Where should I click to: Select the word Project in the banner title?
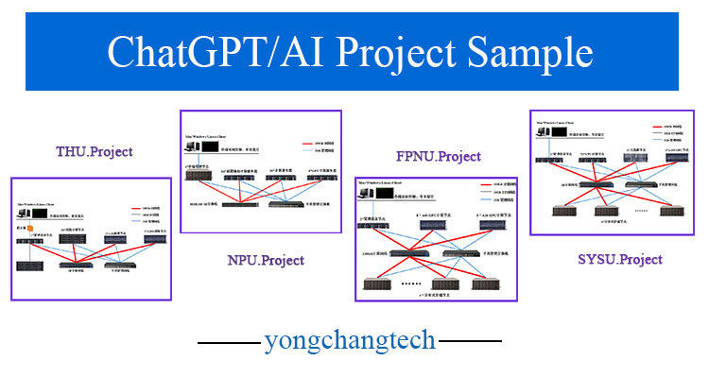[x=389, y=52]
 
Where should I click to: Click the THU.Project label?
[x=95, y=151]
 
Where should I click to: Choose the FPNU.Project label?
[x=438, y=156]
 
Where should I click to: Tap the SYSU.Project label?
[x=619, y=259]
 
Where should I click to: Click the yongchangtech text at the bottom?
[x=351, y=339]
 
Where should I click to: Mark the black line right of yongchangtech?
[x=471, y=340]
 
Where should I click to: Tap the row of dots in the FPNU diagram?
[x=413, y=282]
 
